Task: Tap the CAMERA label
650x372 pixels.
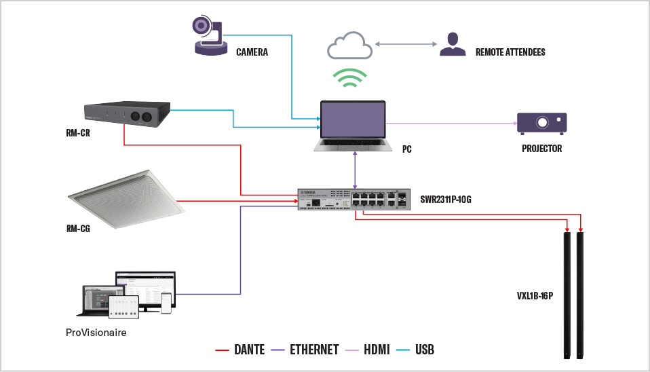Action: coord(252,52)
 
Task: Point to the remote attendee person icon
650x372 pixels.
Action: coord(453,44)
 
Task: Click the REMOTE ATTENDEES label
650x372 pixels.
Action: coord(510,52)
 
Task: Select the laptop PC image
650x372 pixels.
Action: coord(353,126)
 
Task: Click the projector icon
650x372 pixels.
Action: coord(541,123)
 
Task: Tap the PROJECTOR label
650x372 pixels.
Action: coord(541,148)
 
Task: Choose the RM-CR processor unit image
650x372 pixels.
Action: coord(127,113)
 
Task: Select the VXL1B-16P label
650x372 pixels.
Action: coord(535,296)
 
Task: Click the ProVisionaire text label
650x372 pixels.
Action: coord(96,333)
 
